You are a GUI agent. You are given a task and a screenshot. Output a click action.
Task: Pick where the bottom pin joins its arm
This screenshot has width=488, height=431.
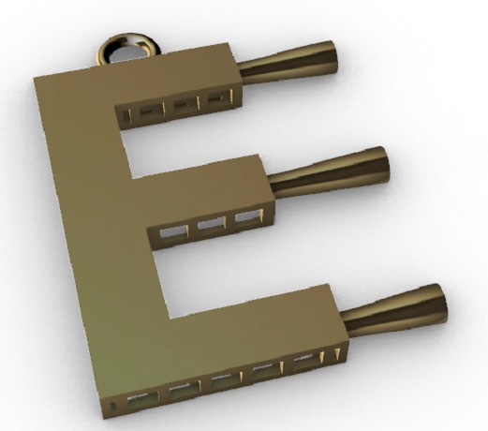(345, 324)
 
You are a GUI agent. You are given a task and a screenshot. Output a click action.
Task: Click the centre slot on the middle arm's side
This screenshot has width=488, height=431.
(211, 224)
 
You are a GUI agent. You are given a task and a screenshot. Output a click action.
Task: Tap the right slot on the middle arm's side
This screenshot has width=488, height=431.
(246, 217)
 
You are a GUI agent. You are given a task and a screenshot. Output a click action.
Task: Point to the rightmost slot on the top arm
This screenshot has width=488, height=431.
(217, 97)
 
